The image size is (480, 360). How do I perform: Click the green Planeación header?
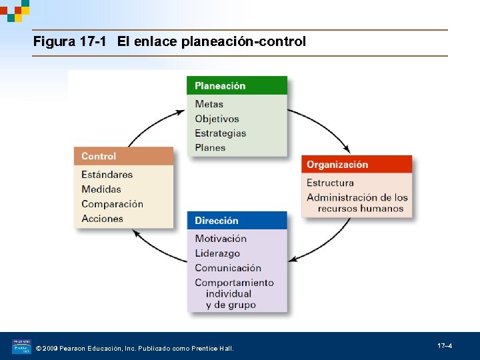(237, 85)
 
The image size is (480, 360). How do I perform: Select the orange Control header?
(123, 156)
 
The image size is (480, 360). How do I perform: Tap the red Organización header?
(356, 165)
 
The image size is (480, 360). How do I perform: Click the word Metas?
(209, 104)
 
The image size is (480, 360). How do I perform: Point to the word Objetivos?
(217, 119)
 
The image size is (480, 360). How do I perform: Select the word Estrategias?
(220, 133)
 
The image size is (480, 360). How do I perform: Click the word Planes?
(210, 148)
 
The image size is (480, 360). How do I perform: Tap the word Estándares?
(107, 175)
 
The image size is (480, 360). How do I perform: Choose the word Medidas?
(101, 189)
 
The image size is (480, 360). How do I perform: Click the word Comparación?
(112, 204)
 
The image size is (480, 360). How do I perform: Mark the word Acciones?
(102, 219)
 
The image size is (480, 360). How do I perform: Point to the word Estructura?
(330, 183)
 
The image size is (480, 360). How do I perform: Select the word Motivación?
(221, 239)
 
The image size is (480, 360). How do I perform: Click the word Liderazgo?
(217, 253)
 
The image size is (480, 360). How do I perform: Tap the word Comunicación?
(228, 268)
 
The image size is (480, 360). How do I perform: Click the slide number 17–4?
(445, 346)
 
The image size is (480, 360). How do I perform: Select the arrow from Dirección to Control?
(157, 247)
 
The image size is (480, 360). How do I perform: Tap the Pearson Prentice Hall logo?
(21, 347)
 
